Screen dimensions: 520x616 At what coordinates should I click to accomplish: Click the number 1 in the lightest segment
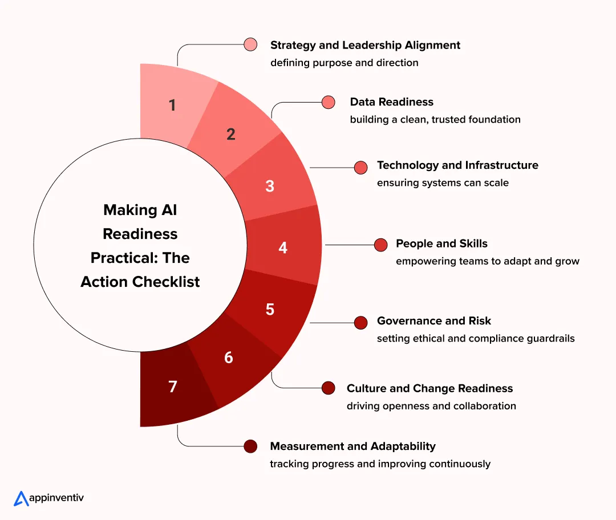(x=172, y=105)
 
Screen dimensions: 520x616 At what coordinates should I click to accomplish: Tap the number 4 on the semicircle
(x=283, y=248)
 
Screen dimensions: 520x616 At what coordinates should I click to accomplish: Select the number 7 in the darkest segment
(x=172, y=387)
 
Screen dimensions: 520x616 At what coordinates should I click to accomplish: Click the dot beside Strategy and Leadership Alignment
(x=250, y=44)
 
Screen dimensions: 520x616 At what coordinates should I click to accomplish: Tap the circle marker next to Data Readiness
(x=329, y=102)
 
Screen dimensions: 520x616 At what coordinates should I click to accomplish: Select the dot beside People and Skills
(x=381, y=245)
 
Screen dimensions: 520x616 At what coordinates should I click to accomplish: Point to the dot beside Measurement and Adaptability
(x=250, y=446)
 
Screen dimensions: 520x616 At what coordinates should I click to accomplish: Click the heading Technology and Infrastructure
(x=457, y=165)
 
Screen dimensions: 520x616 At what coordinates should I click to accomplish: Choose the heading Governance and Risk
(x=434, y=321)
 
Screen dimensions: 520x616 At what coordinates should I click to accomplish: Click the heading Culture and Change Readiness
(x=429, y=388)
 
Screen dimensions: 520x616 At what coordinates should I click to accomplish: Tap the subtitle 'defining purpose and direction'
(x=344, y=63)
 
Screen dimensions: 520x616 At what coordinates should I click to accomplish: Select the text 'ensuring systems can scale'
(x=443, y=183)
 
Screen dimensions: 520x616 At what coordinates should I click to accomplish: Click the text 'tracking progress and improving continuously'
(x=380, y=464)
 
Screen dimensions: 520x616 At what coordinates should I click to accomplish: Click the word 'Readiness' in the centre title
(x=140, y=234)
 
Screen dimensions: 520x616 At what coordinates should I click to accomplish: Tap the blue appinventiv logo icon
(x=21, y=498)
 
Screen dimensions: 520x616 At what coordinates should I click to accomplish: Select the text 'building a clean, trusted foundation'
(x=435, y=120)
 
